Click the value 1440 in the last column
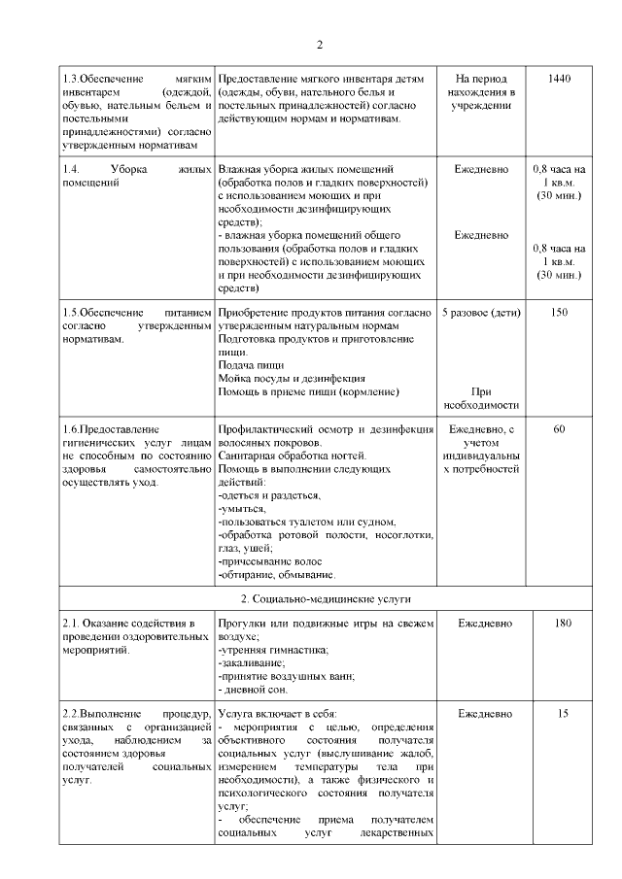[x=559, y=78]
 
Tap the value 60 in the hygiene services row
[x=559, y=428]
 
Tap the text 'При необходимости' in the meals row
[x=481, y=398]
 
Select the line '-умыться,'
[x=243, y=509]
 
